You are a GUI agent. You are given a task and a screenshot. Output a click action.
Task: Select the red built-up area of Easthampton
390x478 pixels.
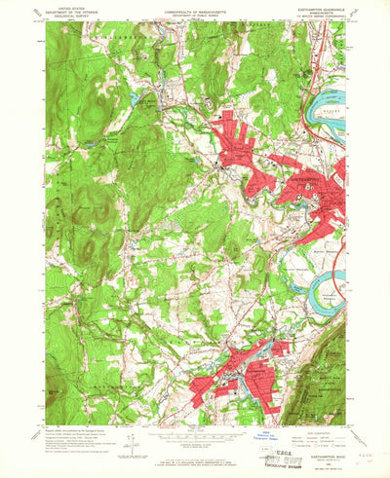tap(244, 375)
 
